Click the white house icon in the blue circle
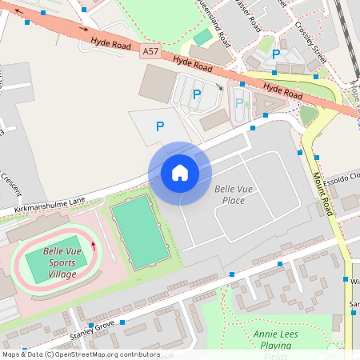[179, 173]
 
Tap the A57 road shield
[149, 51]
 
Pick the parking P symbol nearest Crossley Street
[276, 54]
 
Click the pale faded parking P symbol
[238, 102]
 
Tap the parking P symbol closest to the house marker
[160, 126]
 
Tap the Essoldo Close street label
[345, 178]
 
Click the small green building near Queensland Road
[203, 37]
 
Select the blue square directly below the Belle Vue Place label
[231, 274]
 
